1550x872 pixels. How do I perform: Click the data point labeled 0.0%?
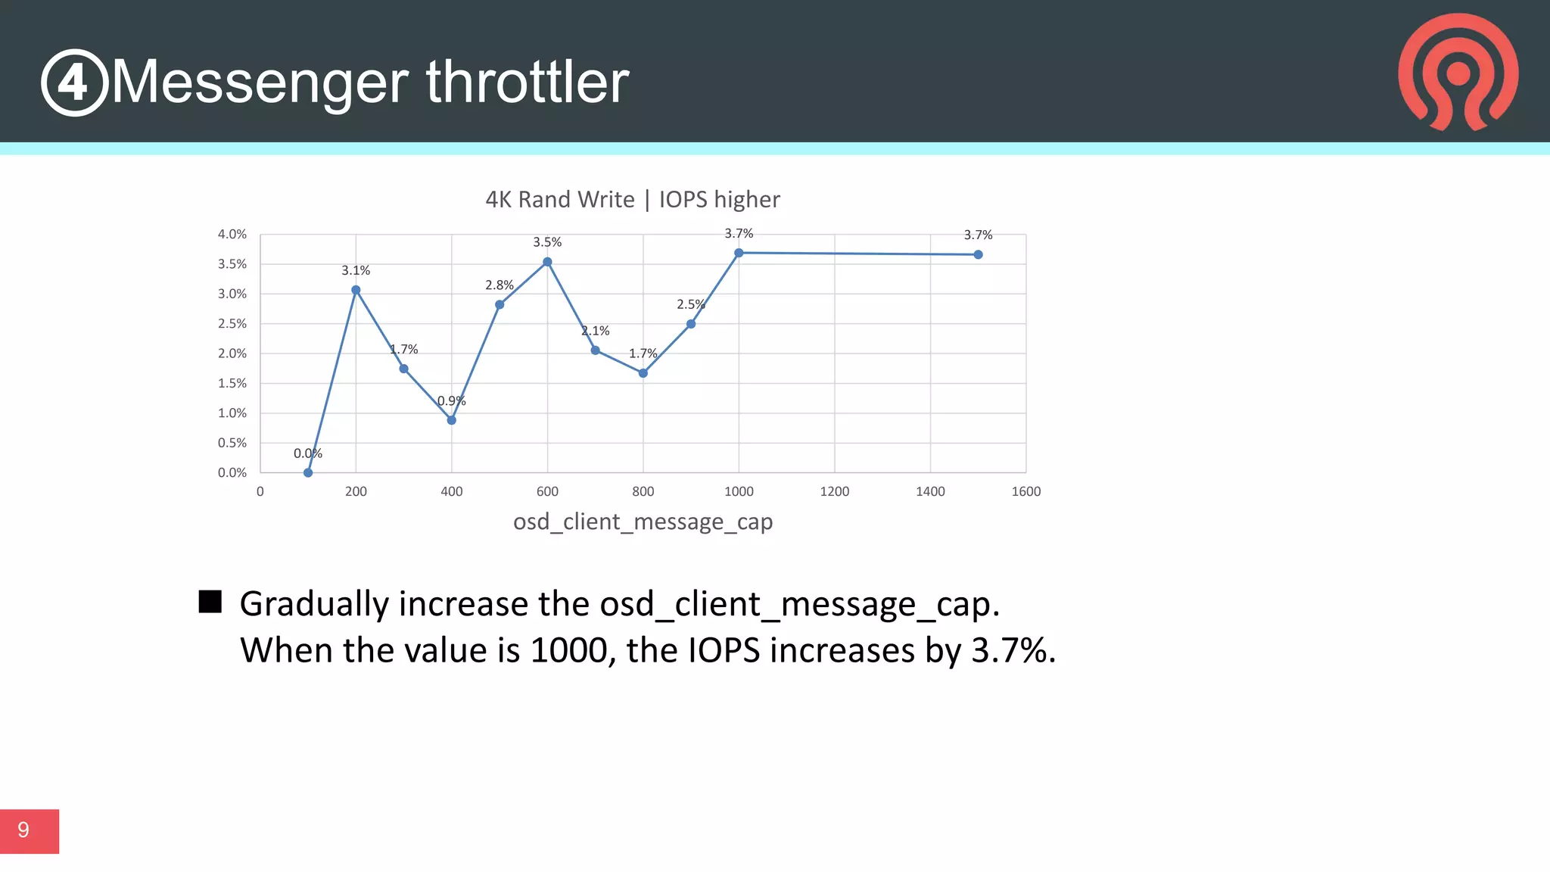point(308,473)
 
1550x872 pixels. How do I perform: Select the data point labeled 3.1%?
point(356,290)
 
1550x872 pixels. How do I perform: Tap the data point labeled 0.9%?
point(452,420)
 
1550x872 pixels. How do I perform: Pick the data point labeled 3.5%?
point(547,262)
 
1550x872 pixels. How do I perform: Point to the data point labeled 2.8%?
point(500,305)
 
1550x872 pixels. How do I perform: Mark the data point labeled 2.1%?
point(596,350)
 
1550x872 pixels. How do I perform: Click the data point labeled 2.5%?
point(691,324)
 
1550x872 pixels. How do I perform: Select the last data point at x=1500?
point(978,255)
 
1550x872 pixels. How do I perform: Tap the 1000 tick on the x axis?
point(739,492)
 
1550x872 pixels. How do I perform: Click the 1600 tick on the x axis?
point(1026,492)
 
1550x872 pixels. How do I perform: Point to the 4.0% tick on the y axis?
point(232,235)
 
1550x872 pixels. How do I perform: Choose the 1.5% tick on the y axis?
point(232,384)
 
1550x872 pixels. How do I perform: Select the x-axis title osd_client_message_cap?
point(643,522)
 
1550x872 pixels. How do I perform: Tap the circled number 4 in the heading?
point(74,83)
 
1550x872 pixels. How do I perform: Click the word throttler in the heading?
point(528,82)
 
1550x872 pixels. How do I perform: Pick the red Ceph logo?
point(1458,72)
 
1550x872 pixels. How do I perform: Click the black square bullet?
point(210,602)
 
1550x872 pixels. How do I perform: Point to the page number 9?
point(23,830)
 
